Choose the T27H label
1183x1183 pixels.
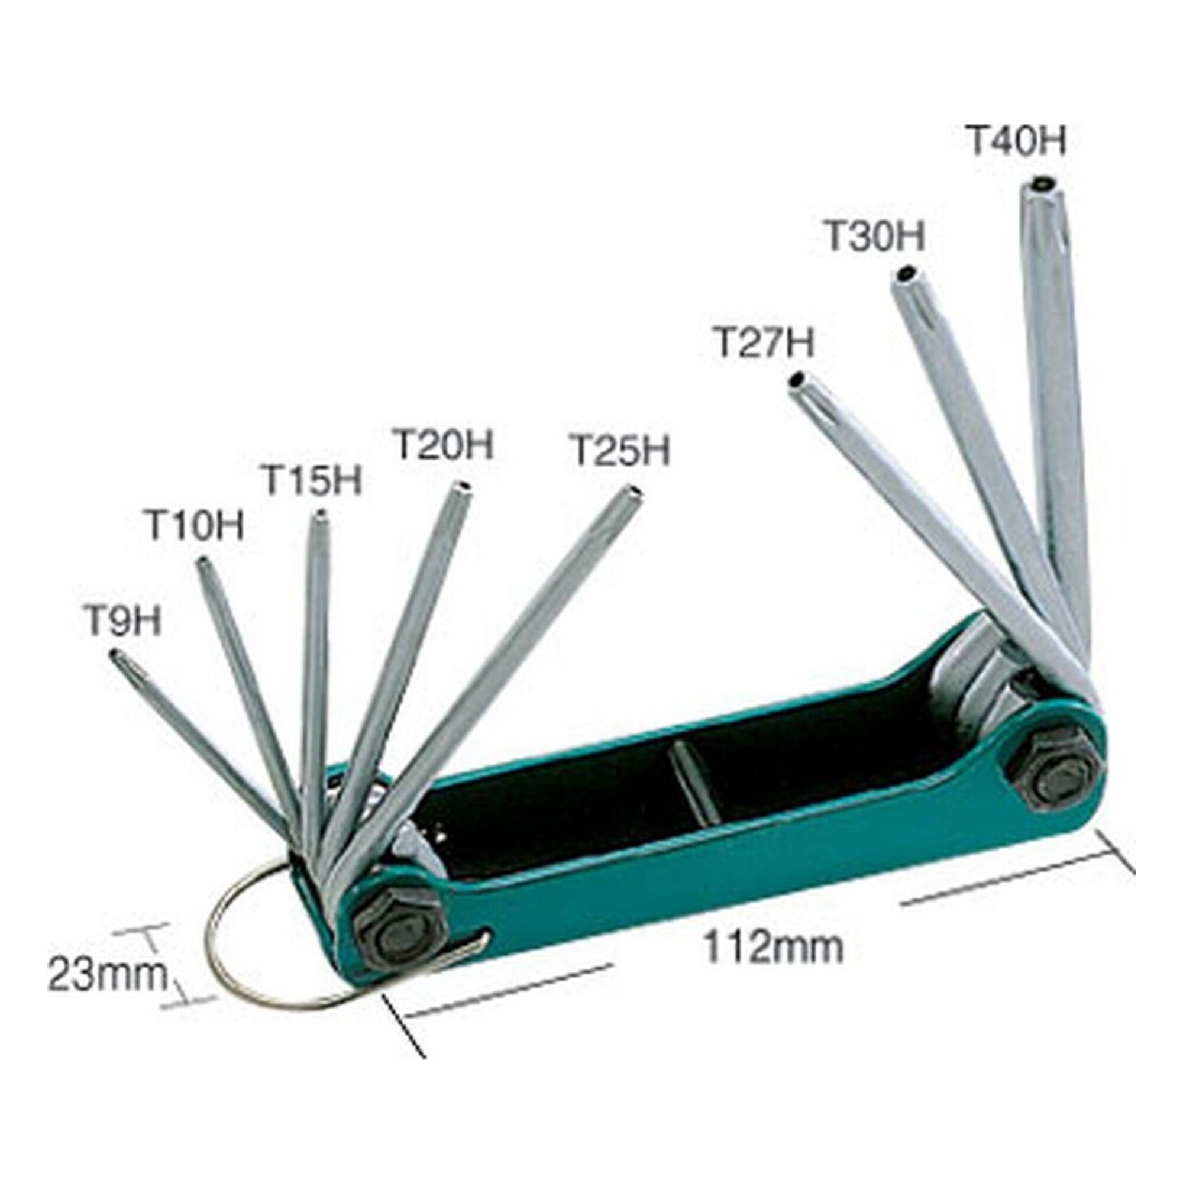point(765,342)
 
